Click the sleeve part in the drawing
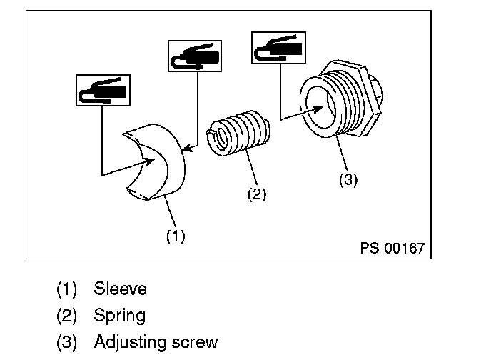(x=169, y=171)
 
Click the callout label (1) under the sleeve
(x=176, y=236)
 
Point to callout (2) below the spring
(x=256, y=194)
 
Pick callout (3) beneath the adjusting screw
(x=348, y=180)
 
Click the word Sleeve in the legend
(x=120, y=289)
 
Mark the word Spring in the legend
(x=119, y=315)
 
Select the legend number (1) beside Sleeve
(x=69, y=289)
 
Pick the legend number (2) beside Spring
(x=69, y=315)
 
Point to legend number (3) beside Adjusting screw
(x=69, y=342)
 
